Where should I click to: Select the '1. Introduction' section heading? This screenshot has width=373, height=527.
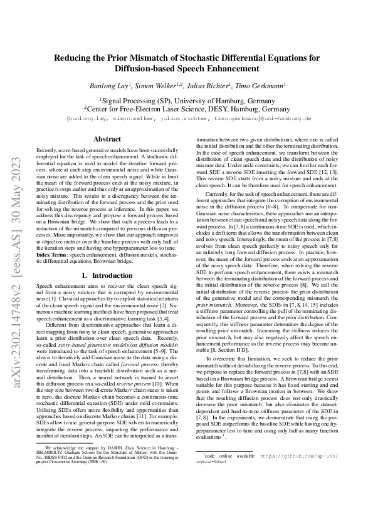click(x=107, y=275)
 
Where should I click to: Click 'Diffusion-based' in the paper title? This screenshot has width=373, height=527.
click(x=150, y=69)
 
